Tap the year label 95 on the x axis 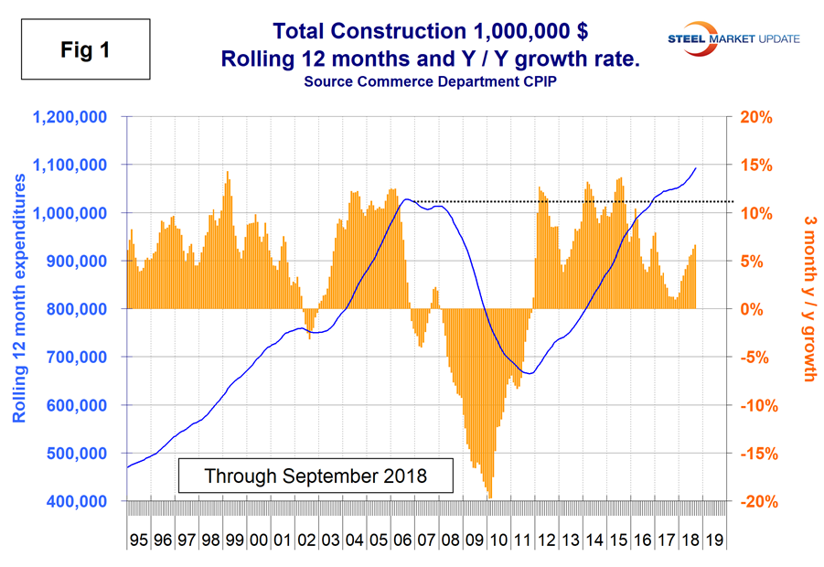point(138,540)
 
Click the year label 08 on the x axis point(451,540)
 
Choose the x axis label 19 point(715,540)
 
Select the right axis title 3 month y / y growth point(808,299)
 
